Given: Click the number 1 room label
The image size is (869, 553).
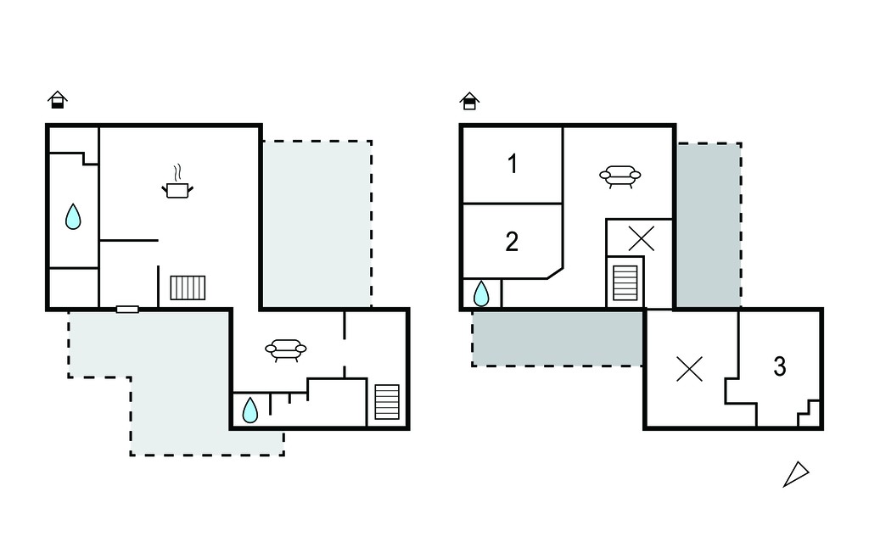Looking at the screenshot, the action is click(x=513, y=164).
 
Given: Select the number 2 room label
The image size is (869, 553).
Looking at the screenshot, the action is click(x=512, y=242).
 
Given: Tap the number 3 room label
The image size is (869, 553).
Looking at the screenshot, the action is click(x=780, y=366).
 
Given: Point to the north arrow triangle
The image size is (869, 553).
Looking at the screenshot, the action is click(x=796, y=474).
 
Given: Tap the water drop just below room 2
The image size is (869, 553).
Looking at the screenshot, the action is click(x=481, y=293).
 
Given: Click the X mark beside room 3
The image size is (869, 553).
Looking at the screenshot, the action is click(x=690, y=369).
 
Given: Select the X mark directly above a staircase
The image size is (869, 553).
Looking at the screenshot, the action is click(x=642, y=238).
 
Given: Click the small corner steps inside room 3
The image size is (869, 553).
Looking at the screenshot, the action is click(x=809, y=413).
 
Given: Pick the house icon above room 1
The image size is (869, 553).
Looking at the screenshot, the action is click(x=469, y=102).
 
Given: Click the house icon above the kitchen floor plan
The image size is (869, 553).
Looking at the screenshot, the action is click(x=58, y=100).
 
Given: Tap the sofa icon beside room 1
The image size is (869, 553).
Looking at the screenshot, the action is click(x=620, y=176).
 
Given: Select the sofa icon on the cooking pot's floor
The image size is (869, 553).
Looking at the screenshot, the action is click(x=286, y=349).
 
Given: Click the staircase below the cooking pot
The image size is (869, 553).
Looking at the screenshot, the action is click(x=188, y=288).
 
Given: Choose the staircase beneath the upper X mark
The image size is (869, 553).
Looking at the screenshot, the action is click(x=625, y=282).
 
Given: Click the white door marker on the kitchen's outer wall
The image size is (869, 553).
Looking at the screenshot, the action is click(x=127, y=310).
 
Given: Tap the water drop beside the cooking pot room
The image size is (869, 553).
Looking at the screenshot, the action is click(x=73, y=216).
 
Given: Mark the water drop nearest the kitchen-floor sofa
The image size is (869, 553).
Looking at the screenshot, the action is click(x=250, y=410).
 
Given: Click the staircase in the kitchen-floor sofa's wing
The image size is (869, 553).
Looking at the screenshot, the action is click(x=387, y=402).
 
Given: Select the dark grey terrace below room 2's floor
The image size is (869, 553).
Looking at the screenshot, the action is click(x=557, y=338).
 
